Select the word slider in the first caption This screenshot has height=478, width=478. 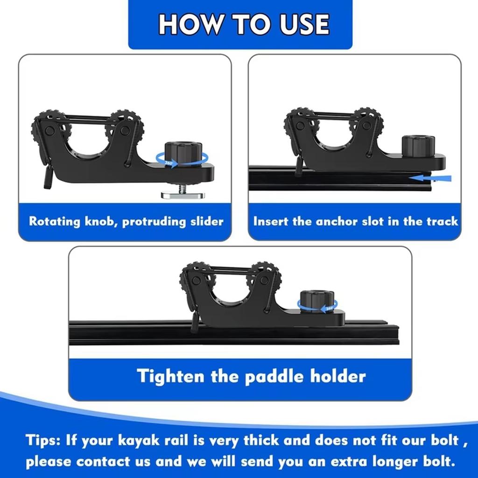pos(204,221)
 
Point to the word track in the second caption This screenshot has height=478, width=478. pos(442,221)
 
